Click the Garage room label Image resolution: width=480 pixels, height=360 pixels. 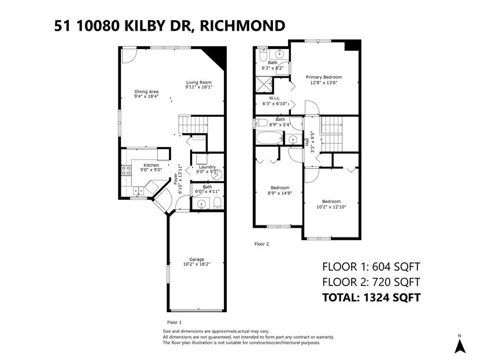click(x=197, y=259)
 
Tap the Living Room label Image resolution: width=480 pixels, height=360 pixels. click(x=199, y=82)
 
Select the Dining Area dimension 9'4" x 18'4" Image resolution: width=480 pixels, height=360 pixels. click(x=146, y=97)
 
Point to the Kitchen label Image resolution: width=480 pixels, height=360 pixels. click(x=151, y=165)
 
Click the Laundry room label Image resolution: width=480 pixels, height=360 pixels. click(x=207, y=167)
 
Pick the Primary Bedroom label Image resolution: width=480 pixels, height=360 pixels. click(x=324, y=77)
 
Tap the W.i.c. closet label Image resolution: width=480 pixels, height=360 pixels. click(x=275, y=98)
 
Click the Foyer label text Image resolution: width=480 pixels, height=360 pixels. click(x=176, y=179)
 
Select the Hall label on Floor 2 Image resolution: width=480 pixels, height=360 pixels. click(x=307, y=142)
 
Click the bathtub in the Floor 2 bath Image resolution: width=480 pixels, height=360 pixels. click(x=270, y=138)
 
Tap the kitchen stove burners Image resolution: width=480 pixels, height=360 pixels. click(x=126, y=170)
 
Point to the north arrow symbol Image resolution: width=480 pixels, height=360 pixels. click(x=460, y=346)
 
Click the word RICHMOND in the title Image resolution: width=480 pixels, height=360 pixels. click(x=242, y=25)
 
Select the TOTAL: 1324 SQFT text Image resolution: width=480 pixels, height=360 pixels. click(x=371, y=297)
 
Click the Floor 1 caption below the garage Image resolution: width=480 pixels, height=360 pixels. click(x=174, y=322)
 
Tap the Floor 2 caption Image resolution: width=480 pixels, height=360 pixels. click(x=261, y=244)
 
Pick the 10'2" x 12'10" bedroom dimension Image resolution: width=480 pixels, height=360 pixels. click(x=331, y=207)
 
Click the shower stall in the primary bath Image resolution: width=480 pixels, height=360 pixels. click(x=264, y=84)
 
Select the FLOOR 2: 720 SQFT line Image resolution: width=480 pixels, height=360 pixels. click(x=371, y=282)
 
